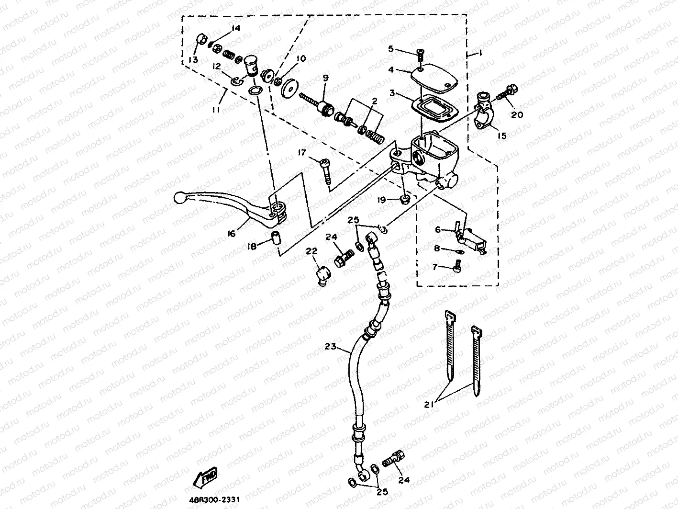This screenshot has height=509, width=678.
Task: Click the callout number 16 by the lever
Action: click(232, 233)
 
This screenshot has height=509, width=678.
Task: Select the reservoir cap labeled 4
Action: click(433, 77)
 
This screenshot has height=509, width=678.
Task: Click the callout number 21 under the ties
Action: click(429, 404)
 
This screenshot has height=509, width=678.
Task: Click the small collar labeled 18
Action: click(276, 238)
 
